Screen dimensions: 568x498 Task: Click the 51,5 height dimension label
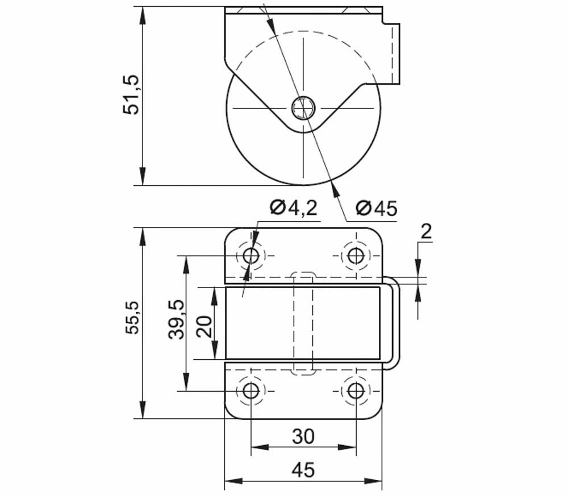click(x=131, y=95)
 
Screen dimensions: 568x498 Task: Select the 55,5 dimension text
click(x=132, y=317)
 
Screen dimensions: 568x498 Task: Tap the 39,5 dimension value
click(x=176, y=319)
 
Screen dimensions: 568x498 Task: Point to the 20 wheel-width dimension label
click(x=204, y=326)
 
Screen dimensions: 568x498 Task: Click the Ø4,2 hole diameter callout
click(x=294, y=208)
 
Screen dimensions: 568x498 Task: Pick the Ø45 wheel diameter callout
click(x=377, y=209)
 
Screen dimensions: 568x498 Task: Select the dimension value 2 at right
click(x=426, y=231)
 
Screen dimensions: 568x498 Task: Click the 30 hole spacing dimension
click(x=303, y=437)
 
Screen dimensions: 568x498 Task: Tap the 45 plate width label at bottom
click(x=303, y=470)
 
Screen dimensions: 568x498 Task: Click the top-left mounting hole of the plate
click(x=250, y=256)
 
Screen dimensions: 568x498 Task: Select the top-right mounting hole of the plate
click(x=356, y=256)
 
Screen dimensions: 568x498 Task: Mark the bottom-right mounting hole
click(x=356, y=391)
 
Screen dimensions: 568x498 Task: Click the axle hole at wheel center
click(x=303, y=107)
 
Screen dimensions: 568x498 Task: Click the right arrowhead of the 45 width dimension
click(x=373, y=481)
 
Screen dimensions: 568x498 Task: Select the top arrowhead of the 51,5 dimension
click(x=143, y=15)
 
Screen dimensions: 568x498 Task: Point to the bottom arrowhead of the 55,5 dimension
click(x=143, y=409)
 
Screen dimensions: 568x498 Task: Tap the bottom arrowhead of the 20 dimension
click(x=215, y=351)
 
